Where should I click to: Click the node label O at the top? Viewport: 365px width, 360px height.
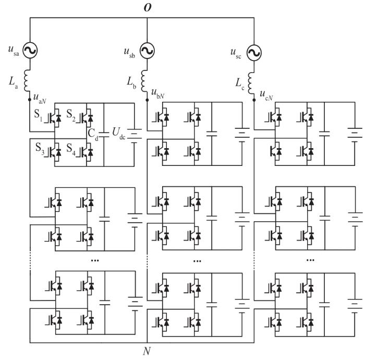click(148, 8)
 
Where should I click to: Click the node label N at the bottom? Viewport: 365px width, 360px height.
click(147, 351)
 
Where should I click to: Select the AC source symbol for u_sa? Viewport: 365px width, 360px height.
click(30, 50)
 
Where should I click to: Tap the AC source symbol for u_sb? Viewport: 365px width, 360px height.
click(147, 51)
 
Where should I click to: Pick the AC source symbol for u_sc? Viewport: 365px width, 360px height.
click(254, 53)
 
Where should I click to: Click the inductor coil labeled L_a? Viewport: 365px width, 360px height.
click(27, 80)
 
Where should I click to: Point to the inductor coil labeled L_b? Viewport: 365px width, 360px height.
click(144, 81)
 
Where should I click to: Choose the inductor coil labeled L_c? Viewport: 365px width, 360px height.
click(251, 83)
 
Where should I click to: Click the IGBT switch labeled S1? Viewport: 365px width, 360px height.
click(53, 117)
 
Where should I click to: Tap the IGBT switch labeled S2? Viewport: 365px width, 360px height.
click(84, 117)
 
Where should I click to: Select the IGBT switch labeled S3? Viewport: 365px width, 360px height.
click(53, 151)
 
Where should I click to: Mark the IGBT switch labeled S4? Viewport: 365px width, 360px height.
click(84, 151)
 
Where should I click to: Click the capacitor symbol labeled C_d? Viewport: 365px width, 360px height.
click(104, 135)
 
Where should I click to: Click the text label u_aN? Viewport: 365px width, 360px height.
click(40, 98)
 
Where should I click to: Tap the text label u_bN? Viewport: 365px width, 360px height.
click(158, 93)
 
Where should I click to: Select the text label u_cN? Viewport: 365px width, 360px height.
click(266, 95)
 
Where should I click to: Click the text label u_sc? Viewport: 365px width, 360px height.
click(236, 54)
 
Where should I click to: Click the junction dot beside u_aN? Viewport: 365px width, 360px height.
click(30, 100)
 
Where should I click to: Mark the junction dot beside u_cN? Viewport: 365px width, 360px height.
click(254, 100)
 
